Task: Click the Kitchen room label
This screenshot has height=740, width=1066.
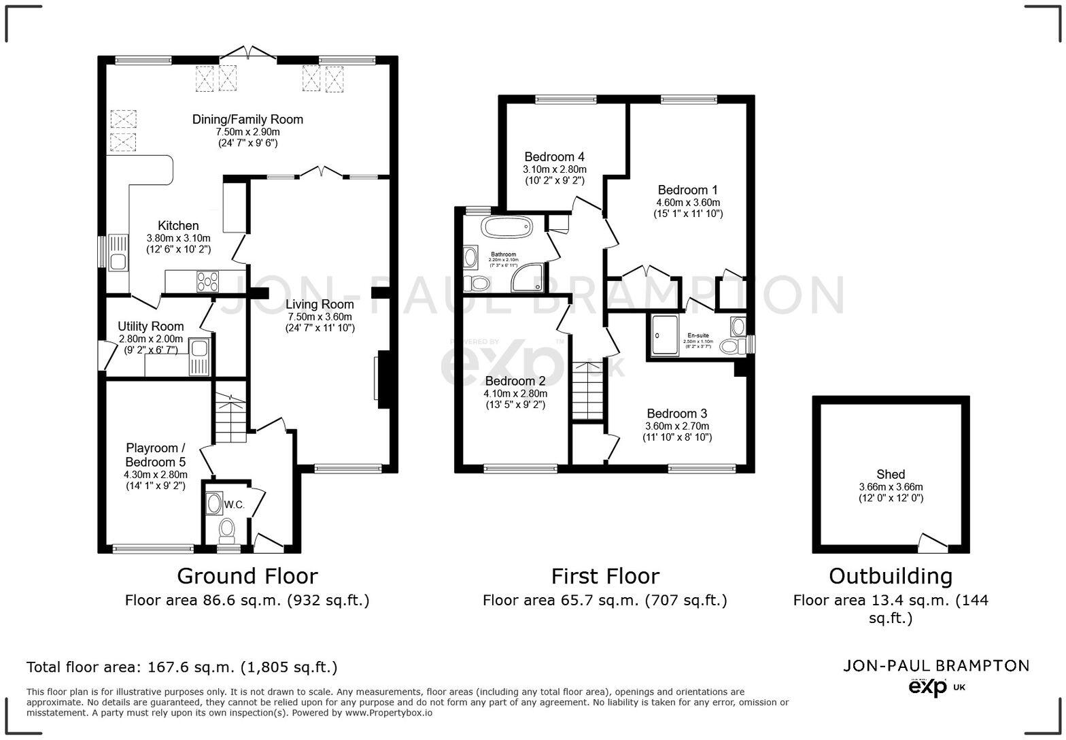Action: click(178, 226)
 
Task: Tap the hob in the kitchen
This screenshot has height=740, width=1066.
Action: click(208, 281)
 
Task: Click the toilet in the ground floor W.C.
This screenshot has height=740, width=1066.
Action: click(227, 528)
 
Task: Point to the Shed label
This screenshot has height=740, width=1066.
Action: click(891, 474)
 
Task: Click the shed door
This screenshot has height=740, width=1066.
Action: click(932, 542)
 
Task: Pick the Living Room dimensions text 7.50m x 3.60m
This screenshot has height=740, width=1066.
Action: click(320, 317)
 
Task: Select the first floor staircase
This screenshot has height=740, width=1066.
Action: click(587, 392)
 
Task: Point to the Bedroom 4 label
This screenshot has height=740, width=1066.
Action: click(554, 157)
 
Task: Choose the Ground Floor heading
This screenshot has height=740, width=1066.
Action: click(247, 576)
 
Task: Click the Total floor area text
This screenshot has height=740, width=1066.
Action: click(182, 667)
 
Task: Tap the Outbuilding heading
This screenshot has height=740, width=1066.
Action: click(890, 576)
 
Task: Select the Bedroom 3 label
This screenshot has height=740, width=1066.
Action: click(676, 414)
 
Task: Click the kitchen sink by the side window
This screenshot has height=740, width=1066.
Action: click(118, 252)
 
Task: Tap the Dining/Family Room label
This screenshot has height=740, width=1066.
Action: click(247, 119)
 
